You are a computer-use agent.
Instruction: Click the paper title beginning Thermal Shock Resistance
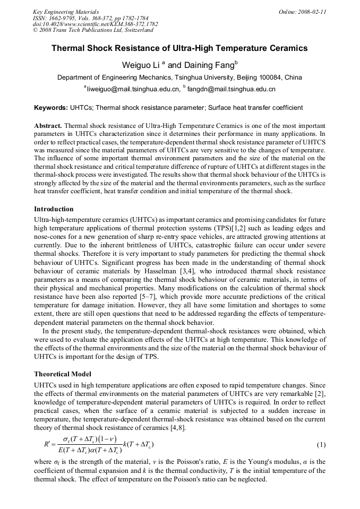pos(179,48)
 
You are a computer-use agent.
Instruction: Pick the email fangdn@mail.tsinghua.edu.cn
pos(231,89)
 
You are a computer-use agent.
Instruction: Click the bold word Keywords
pos(50,108)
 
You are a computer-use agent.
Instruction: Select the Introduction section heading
pos(54,209)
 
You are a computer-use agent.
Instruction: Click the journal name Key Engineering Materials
pos(65,11)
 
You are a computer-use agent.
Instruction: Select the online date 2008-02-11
pos(312,11)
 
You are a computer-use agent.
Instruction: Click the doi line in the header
pos(95,24)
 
